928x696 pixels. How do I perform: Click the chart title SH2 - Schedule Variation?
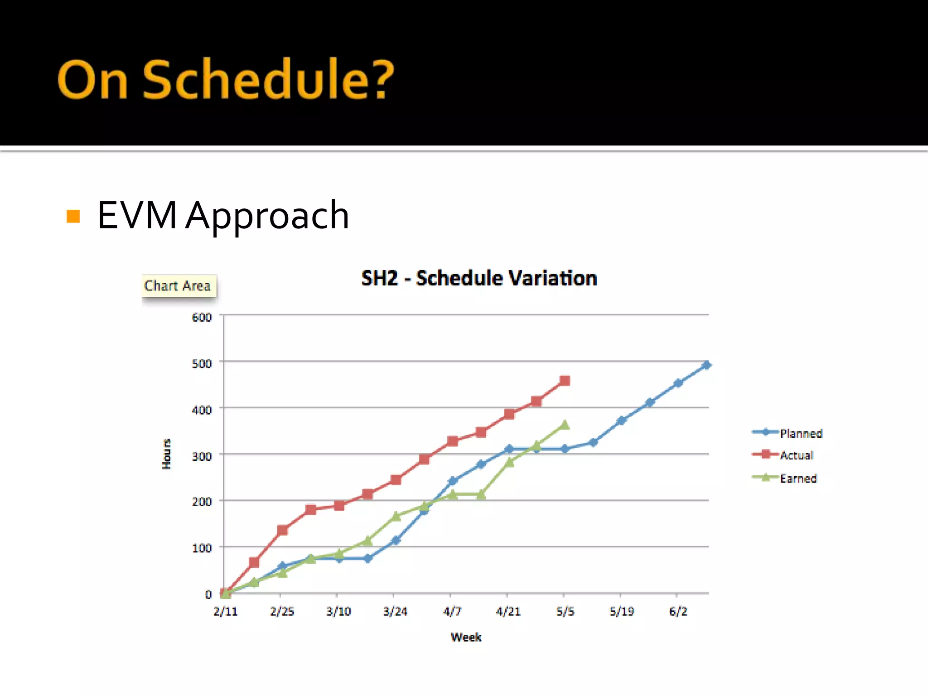coord(479,278)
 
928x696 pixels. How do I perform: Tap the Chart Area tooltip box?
coord(178,286)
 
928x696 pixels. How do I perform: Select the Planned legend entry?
coord(800,433)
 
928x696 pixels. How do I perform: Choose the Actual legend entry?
coord(796,455)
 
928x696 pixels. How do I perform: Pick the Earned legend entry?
coord(798,478)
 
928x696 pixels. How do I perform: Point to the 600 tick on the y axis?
coord(202,317)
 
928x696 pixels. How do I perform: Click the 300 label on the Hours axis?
coord(202,456)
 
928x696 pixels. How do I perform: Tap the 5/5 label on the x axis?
coord(565,612)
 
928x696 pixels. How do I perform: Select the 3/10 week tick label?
coord(338,612)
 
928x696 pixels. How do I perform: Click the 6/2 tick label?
coord(678,612)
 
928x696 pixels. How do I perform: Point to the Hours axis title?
coord(167,454)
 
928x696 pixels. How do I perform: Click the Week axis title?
coord(466,638)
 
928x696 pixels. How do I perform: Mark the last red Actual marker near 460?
coord(565,381)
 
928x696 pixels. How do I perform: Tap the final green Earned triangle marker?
coord(565,425)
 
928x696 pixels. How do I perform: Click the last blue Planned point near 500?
coord(706,365)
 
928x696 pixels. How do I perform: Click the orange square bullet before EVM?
coord(73,216)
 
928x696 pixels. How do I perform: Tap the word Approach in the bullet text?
coord(267,216)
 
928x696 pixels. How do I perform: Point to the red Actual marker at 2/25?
coord(282,530)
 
